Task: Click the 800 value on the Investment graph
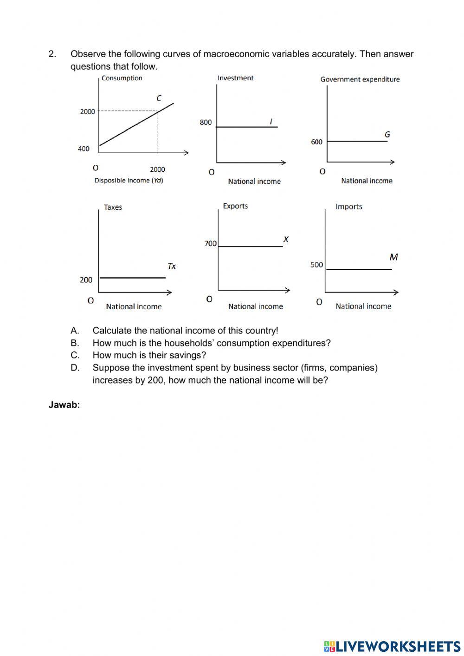(206, 123)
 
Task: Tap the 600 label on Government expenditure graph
(316, 142)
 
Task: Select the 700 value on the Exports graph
(210, 244)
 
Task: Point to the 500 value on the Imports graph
(316, 265)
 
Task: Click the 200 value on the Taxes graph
(86, 280)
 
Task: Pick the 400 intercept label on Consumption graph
(84, 149)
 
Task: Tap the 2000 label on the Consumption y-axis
(87, 112)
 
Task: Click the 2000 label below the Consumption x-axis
(157, 170)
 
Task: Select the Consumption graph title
(122, 78)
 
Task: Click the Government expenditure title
(360, 79)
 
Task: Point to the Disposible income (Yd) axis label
(129, 181)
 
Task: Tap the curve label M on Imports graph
(393, 257)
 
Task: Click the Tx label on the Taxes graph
(172, 266)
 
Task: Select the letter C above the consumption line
(159, 98)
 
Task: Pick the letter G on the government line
(387, 135)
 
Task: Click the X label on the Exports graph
(286, 240)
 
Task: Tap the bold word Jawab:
(64, 405)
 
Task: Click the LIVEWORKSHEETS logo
(392, 646)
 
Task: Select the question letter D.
(75, 368)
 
